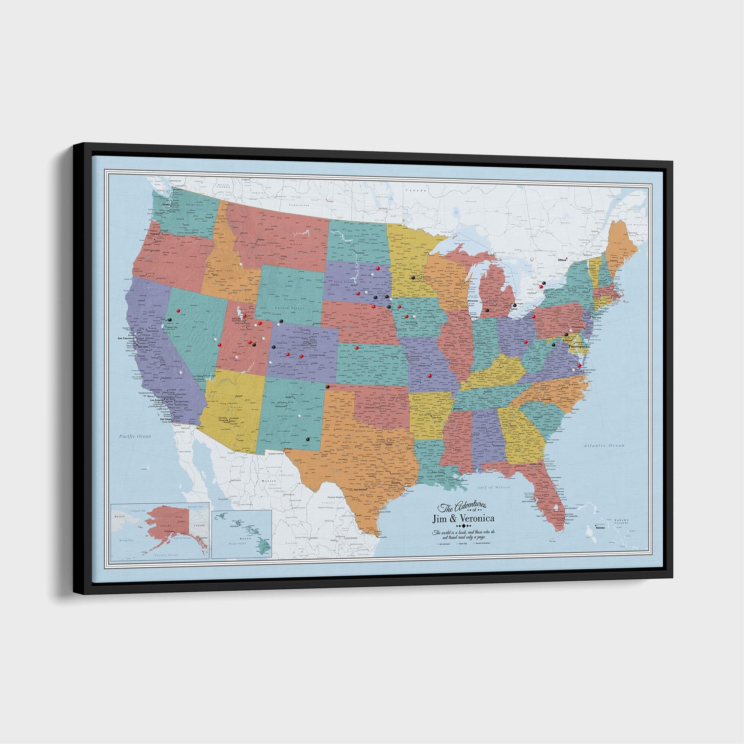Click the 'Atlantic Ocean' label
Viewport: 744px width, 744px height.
[x=604, y=446]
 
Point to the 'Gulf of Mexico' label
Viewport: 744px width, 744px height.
[x=493, y=487]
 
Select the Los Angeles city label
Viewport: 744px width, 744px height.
[x=157, y=401]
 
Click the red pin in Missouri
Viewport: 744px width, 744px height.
[x=430, y=376]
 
